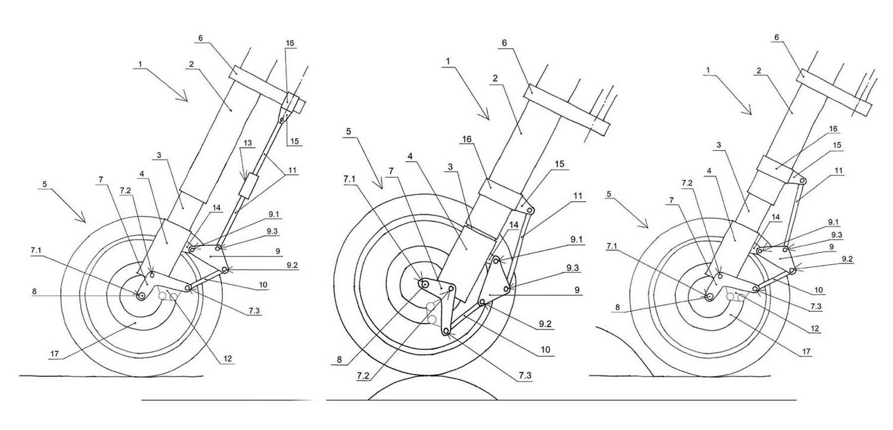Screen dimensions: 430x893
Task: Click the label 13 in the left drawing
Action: tap(248, 143)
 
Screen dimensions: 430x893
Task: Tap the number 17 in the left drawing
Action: tap(55, 354)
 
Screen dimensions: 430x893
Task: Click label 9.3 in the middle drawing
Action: tap(574, 268)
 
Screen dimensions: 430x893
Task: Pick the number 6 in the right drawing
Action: tap(777, 37)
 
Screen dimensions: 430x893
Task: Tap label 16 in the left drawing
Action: tap(290, 43)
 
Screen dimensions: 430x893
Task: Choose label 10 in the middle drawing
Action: tap(545, 350)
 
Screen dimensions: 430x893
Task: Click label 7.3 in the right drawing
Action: tap(816, 307)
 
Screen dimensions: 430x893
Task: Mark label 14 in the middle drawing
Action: tap(514, 225)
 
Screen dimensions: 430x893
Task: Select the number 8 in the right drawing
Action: tap(618, 307)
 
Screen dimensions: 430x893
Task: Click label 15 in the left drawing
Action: tap(294, 142)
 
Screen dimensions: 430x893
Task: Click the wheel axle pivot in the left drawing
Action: tap(142, 296)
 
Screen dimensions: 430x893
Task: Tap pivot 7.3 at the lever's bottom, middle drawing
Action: tap(446, 331)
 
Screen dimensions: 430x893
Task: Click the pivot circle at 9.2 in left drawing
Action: tap(226, 270)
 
